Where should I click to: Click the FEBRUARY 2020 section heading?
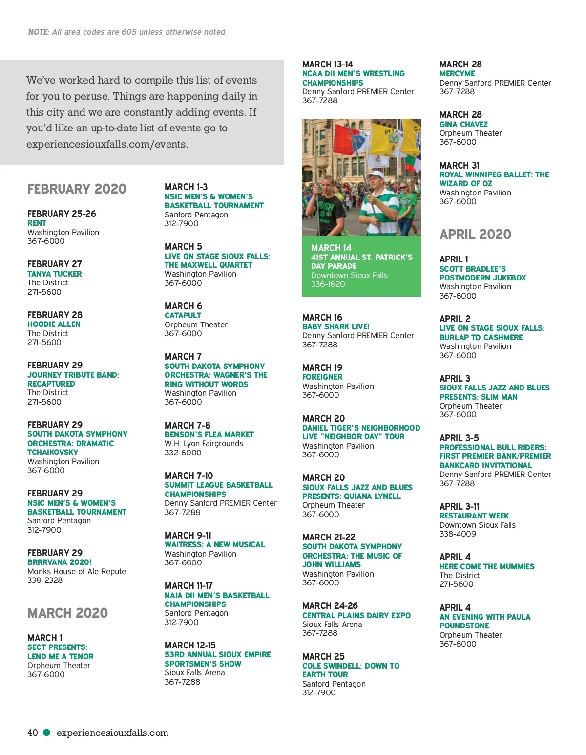[77, 189]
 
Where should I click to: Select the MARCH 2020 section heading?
[67, 613]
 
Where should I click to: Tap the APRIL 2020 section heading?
[475, 234]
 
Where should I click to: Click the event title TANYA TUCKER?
[55, 274]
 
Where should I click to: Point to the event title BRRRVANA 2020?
[60, 562]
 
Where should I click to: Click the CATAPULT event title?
[183, 315]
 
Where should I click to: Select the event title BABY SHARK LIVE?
[335, 326]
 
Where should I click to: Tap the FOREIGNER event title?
[322, 377]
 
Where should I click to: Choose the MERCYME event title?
[457, 73]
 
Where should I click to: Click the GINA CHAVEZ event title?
[463, 124]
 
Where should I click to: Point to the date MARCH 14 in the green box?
[331, 248]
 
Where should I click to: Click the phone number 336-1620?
[328, 284]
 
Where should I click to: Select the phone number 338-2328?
[45, 580]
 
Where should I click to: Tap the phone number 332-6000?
[183, 453]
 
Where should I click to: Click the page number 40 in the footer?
[33, 733]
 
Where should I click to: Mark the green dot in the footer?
[47, 732]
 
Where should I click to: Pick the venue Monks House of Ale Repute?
[77, 571]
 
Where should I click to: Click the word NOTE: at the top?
[39, 32]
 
